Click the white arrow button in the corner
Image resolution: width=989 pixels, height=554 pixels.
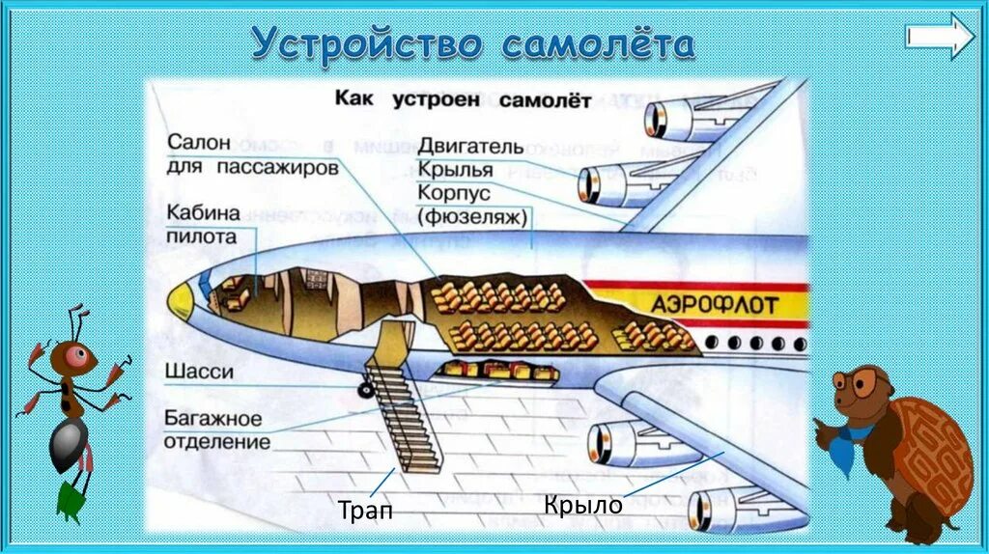pos(940,37)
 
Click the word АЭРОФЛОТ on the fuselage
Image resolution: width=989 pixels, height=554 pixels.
pos(714,304)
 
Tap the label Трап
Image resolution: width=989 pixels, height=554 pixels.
pos(365,510)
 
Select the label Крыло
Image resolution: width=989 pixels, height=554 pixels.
pos(582,504)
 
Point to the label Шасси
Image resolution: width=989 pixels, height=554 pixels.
pos(199,372)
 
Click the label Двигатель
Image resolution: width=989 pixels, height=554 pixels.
pos(470,147)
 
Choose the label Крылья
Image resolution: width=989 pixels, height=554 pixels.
pos(456,170)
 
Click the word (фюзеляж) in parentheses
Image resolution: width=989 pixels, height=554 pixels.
pos(473,217)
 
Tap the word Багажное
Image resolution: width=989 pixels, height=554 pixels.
pos(212,419)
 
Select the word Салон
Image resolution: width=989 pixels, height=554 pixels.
pos(200,142)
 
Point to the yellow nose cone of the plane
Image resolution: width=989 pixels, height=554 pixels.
pos(181,303)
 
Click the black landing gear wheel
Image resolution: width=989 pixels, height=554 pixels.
pos(366,390)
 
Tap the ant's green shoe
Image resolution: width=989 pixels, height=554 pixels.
pos(71,499)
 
